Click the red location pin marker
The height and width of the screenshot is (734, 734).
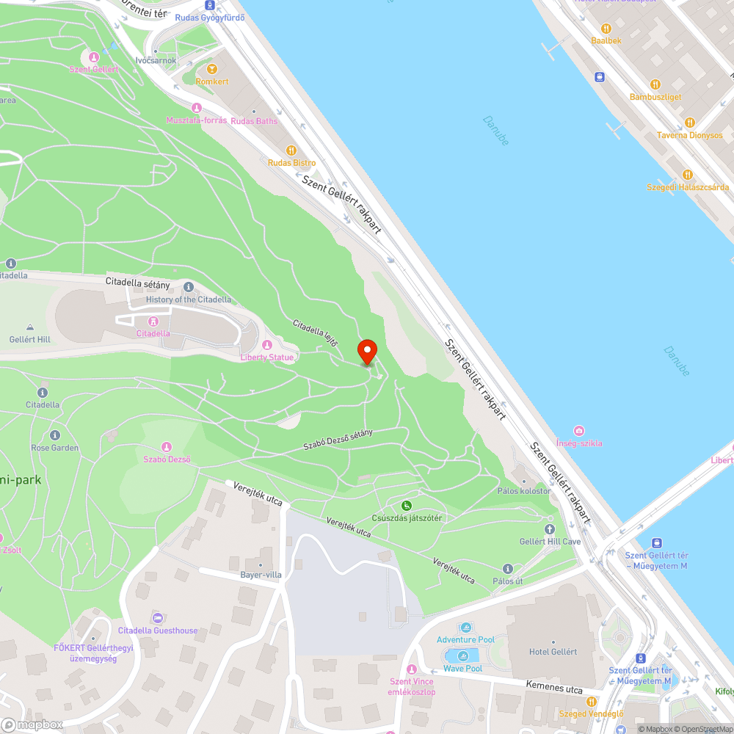366,352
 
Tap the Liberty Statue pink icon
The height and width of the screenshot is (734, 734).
266,345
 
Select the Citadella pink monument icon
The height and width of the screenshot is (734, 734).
153,321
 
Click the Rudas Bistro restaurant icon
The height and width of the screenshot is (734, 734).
291,150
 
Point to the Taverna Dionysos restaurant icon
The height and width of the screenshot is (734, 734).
689,123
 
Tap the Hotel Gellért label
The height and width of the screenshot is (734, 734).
553,651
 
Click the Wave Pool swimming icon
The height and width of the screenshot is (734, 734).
462,656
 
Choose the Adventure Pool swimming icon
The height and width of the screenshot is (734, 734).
465,628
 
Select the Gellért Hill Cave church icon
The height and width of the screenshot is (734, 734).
550,528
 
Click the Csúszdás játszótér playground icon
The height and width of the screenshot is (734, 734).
406,505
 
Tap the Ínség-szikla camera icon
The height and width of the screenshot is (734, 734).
579,430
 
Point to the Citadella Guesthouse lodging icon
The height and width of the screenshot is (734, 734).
157,618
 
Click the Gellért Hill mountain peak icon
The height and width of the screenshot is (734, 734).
29,327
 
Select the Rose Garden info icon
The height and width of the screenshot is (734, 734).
54,435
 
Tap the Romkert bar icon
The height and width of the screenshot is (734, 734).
212,69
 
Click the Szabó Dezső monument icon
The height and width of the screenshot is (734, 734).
167,447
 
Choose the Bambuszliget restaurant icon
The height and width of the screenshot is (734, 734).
655,84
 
